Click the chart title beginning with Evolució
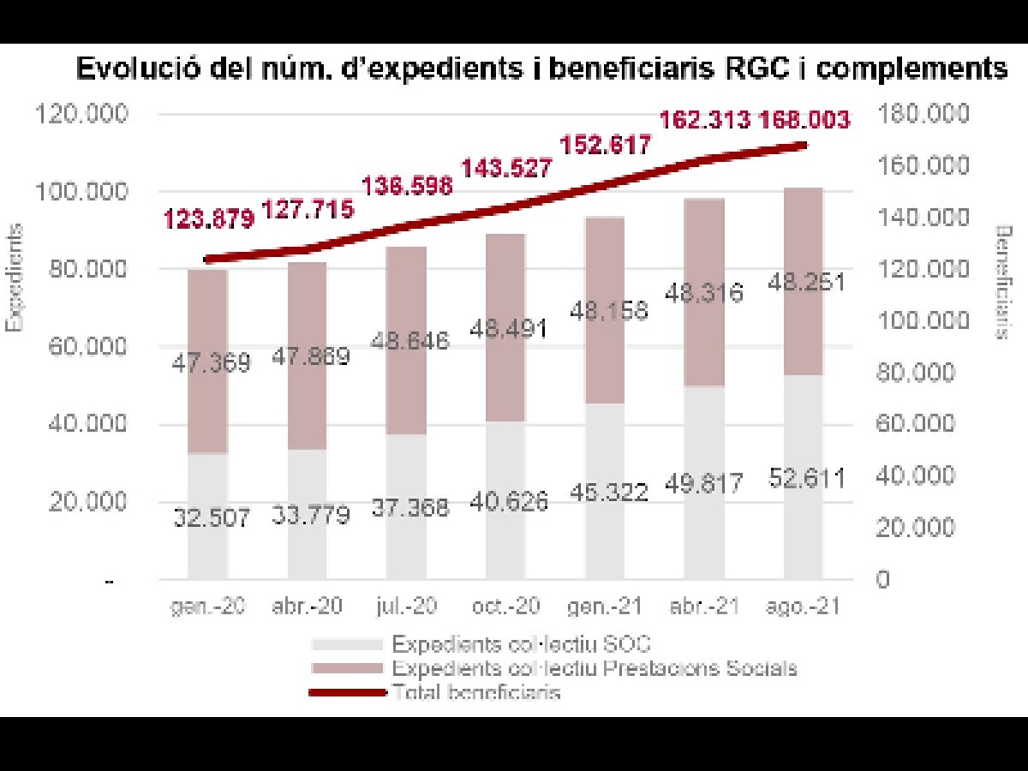[x=541, y=69]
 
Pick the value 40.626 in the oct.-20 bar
[x=505, y=501]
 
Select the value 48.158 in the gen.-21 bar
[x=605, y=311]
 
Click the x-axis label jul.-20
[x=406, y=606]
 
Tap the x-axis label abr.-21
[x=703, y=606]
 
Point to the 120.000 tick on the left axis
[x=81, y=114]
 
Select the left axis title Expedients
[x=15, y=277]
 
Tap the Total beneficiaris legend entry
[x=475, y=691]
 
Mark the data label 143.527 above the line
[x=506, y=168]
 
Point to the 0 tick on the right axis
[x=882, y=580]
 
